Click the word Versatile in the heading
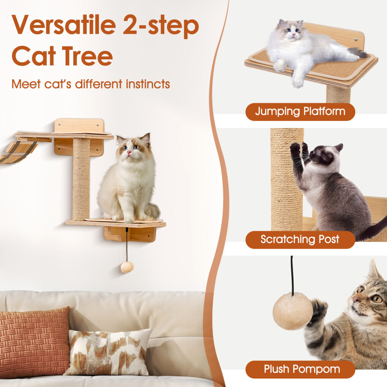pyautogui.click(x=64, y=25)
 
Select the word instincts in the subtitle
pyautogui.click(x=147, y=84)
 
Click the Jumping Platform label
pyautogui.click(x=300, y=112)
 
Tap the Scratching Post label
pyautogui.click(x=300, y=240)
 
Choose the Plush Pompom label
pyautogui.click(x=300, y=369)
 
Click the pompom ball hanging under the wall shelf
pyautogui.click(x=127, y=267)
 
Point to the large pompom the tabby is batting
pyautogui.click(x=293, y=311)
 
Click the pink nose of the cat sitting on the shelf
pyautogui.click(x=129, y=152)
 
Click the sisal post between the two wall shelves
pyautogui.click(x=81, y=179)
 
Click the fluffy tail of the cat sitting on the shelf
pyautogui.click(x=152, y=211)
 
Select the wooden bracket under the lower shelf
pyautogui.click(x=130, y=234)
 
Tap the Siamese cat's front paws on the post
pyautogui.click(x=299, y=149)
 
